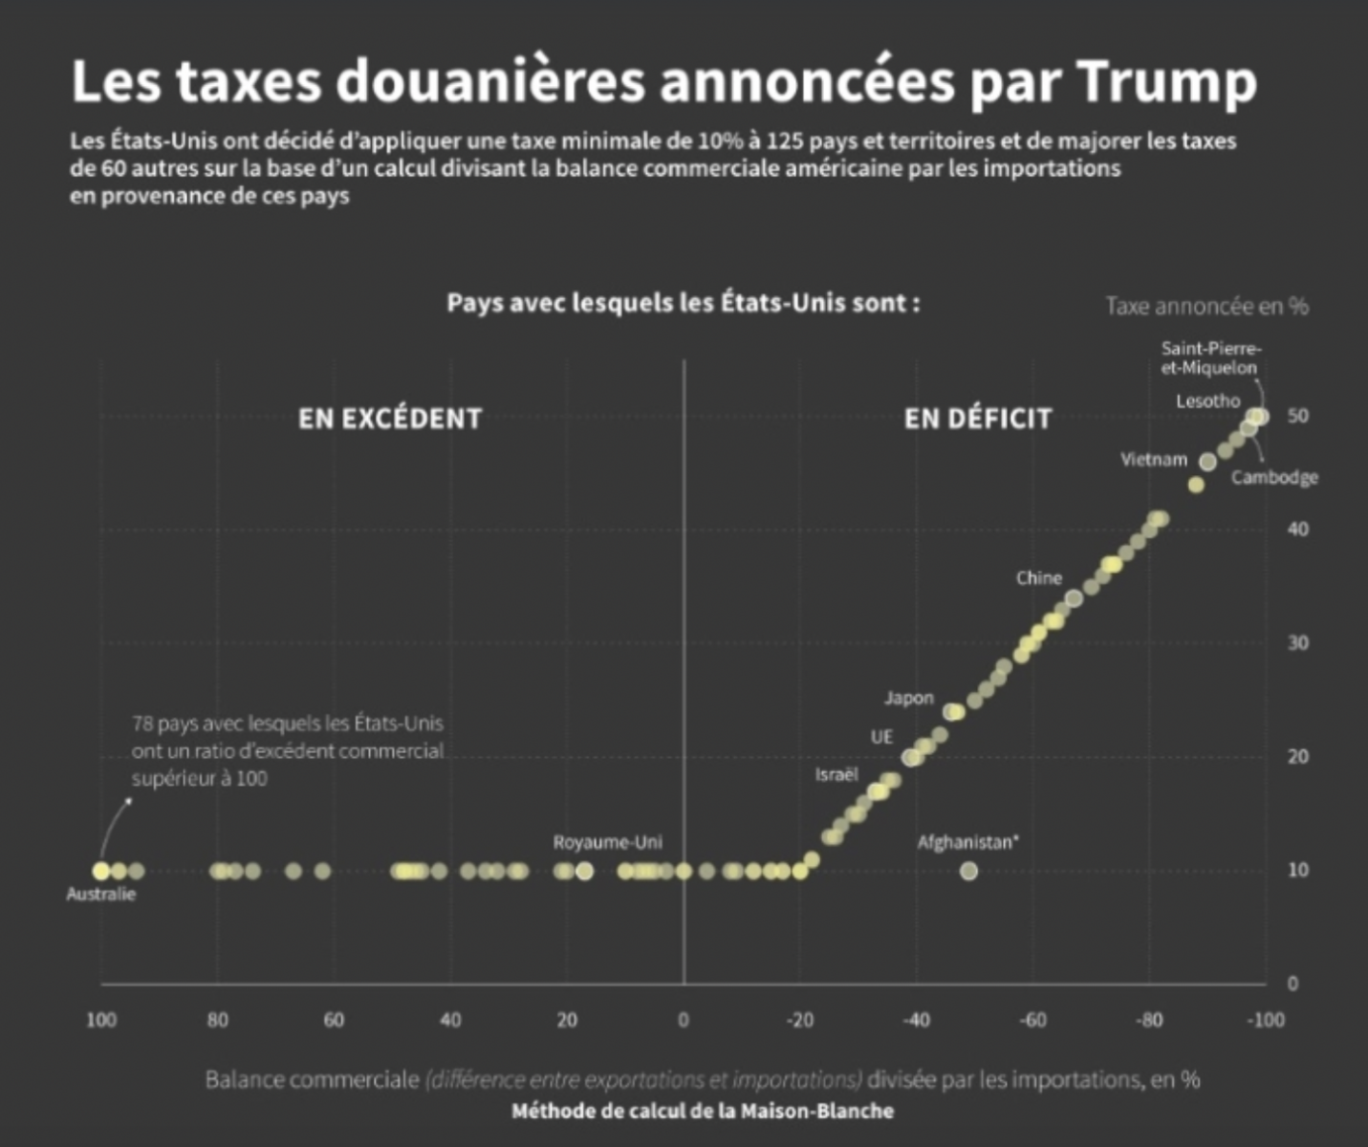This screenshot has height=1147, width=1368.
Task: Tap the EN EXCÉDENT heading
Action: click(x=390, y=419)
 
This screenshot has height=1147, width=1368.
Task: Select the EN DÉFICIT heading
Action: click(x=978, y=419)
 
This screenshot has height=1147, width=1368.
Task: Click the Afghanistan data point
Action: click(x=968, y=871)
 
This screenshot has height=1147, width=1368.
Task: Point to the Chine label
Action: click(x=1039, y=578)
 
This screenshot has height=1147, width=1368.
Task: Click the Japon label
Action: click(x=908, y=698)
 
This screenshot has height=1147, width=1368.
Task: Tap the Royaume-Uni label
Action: click(x=607, y=842)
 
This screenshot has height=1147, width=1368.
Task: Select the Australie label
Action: click(x=101, y=895)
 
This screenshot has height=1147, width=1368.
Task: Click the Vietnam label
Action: click(x=1154, y=460)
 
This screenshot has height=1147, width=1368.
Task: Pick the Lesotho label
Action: click(x=1207, y=401)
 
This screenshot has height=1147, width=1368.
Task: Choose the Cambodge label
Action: click(x=1274, y=477)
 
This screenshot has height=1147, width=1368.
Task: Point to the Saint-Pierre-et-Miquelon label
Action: click(x=1210, y=357)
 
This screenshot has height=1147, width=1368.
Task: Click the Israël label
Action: click(x=836, y=774)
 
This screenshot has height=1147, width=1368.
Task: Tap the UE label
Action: click(x=881, y=737)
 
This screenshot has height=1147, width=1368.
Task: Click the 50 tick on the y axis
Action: click(x=1297, y=417)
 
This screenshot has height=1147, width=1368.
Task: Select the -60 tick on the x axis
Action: click(x=1032, y=1020)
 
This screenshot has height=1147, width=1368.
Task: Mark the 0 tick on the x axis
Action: click(x=684, y=1020)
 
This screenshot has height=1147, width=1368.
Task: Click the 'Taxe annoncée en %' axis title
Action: click(x=1206, y=306)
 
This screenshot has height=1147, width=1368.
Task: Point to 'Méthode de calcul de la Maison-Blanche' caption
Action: click(x=703, y=1112)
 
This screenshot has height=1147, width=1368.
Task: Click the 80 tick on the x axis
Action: click(x=218, y=1020)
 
